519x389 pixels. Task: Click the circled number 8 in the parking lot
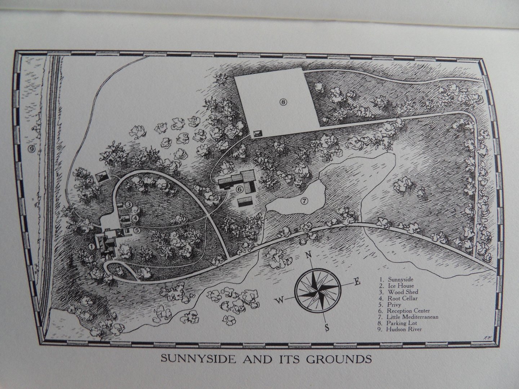pos(284,102)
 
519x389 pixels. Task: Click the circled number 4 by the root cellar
pos(134,218)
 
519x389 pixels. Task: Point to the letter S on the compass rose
pos(327,328)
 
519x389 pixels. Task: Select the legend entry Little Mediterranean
pos(412,317)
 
